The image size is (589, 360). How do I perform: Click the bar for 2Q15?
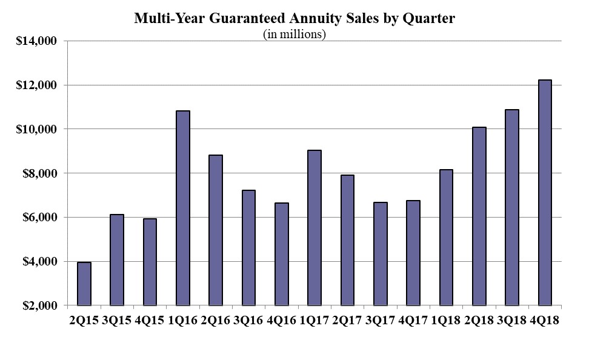pos(84,284)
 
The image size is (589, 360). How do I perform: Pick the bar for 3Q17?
pos(380,254)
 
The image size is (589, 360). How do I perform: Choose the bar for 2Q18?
pos(479,216)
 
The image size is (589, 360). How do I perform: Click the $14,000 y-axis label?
pos(36,41)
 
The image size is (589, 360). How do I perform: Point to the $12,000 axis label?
pos(36,85)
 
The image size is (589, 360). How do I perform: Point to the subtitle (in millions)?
pos(294,34)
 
